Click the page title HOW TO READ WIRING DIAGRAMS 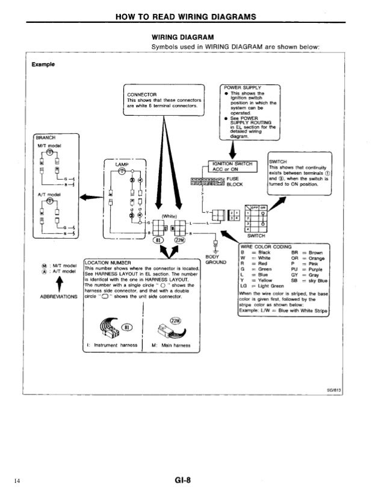pyautogui.click(x=191, y=16)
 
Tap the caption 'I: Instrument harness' pyautogui.click(x=111, y=345)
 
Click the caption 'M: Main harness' pyautogui.click(x=172, y=345)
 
